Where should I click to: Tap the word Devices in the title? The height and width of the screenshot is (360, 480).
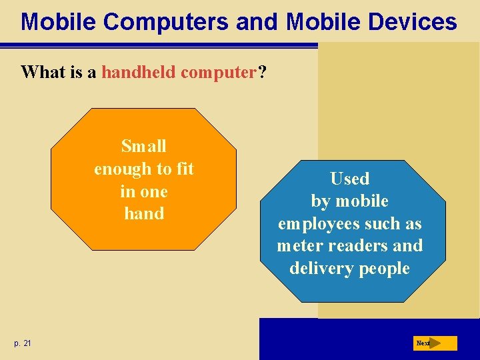point(407,22)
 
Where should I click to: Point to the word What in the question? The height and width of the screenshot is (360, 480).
point(44,72)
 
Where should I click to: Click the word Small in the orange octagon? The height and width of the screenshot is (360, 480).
point(144,146)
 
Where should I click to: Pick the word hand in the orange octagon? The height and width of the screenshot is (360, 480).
point(144,214)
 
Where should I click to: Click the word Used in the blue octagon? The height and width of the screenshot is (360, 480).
point(349,179)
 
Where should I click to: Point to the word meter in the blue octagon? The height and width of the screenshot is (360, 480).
point(298,246)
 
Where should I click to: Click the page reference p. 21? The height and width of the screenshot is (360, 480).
point(22,343)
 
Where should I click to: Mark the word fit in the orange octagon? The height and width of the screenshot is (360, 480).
point(183,169)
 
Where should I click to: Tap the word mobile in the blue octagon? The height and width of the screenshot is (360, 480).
point(362,201)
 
